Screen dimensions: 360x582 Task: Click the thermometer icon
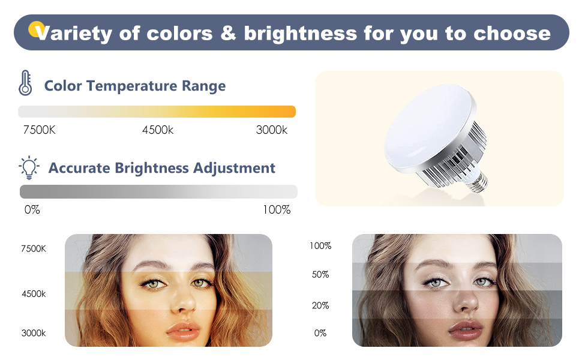(x=25, y=83)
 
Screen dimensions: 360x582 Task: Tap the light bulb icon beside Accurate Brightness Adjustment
(x=29, y=168)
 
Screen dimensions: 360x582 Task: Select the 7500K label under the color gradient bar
(x=39, y=130)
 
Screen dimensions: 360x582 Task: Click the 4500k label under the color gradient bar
(x=158, y=130)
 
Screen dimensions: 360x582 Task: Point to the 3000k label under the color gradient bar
(x=272, y=130)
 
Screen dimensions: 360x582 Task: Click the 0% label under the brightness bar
(x=32, y=210)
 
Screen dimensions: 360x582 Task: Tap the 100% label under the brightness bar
(x=277, y=210)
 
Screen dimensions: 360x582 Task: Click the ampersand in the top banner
(x=227, y=33)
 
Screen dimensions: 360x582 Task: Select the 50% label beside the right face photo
(x=320, y=275)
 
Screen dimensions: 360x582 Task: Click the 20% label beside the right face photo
(x=320, y=306)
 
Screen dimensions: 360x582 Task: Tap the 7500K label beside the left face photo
(x=33, y=248)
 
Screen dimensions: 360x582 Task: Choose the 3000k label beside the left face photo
(x=33, y=334)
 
